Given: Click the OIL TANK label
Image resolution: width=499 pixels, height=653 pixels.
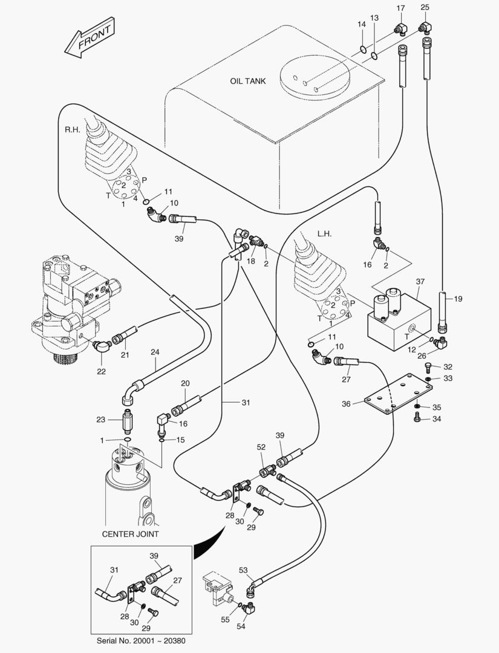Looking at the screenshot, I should [248, 81].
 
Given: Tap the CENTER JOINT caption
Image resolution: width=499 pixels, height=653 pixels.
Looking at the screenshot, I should [130, 534].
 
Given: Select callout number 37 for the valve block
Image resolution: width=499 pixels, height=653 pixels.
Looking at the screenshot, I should [420, 281].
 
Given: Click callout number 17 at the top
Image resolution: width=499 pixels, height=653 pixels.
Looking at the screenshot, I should [400, 7].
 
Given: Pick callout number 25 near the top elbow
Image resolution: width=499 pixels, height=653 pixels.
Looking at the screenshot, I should [425, 7].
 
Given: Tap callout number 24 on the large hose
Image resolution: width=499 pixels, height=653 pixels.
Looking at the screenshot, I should [154, 352].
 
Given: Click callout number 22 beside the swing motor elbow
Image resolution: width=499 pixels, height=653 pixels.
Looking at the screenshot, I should [101, 371].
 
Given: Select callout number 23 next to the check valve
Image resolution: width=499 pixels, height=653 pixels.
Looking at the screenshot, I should [100, 420].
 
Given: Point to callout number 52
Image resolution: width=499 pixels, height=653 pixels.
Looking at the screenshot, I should [261, 447].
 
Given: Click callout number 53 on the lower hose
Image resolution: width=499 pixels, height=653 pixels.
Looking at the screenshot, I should [243, 570].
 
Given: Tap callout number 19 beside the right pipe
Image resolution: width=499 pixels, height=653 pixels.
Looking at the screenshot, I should [458, 299].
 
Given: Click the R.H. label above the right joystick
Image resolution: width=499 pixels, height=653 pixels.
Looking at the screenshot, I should [72, 130].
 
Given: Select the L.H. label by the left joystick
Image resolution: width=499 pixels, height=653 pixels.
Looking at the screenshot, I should [325, 233].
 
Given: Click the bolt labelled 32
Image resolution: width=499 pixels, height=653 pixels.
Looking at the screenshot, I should [429, 367].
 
